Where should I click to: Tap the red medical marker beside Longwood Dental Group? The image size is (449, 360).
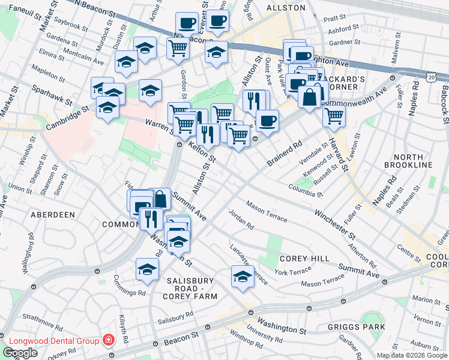[107, 341]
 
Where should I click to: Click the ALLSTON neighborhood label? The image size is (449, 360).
[286, 8]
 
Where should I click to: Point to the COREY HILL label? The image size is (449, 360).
[304, 258]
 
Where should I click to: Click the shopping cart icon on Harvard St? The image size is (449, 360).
[334, 116]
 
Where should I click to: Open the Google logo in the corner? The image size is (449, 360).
[20, 353]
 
